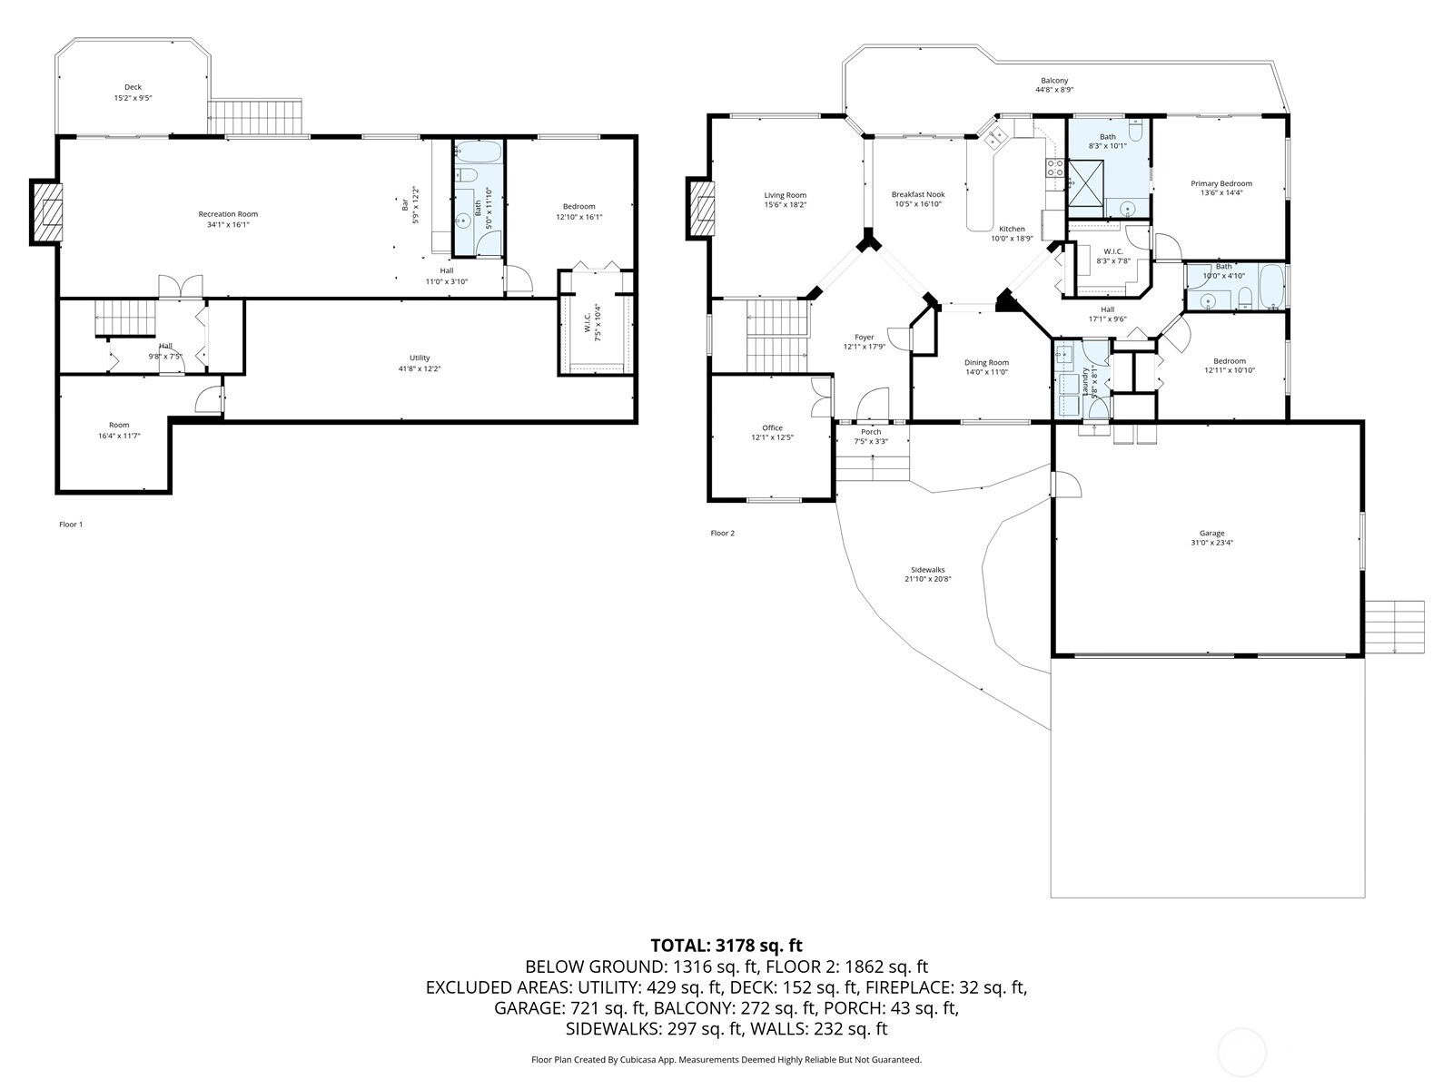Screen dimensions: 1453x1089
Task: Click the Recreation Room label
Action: pos(228,213)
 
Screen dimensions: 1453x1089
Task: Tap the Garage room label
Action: pos(1211,533)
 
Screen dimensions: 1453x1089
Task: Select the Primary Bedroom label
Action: pos(1221,184)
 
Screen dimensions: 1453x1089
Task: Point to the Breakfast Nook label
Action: pos(917,194)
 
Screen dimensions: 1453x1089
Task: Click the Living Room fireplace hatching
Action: pos(702,208)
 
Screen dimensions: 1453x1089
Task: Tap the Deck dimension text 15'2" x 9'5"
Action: pos(133,98)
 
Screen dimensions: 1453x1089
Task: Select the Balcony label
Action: pos(1053,81)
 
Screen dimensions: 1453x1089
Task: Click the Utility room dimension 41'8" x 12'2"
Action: pos(419,368)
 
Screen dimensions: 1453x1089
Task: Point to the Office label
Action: pos(772,427)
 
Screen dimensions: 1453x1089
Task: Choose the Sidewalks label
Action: pos(927,569)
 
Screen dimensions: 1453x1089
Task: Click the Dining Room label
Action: pos(986,362)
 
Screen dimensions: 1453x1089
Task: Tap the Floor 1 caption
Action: pos(71,525)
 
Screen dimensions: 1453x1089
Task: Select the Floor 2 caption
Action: pos(722,533)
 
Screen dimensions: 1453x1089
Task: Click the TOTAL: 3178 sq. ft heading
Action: pos(726,946)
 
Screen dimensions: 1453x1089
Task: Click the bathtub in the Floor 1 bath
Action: pos(478,153)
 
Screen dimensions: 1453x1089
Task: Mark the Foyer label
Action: pos(864,338)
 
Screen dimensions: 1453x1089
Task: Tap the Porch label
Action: pos(871,432)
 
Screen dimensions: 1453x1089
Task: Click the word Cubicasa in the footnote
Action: pos(638,1059)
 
